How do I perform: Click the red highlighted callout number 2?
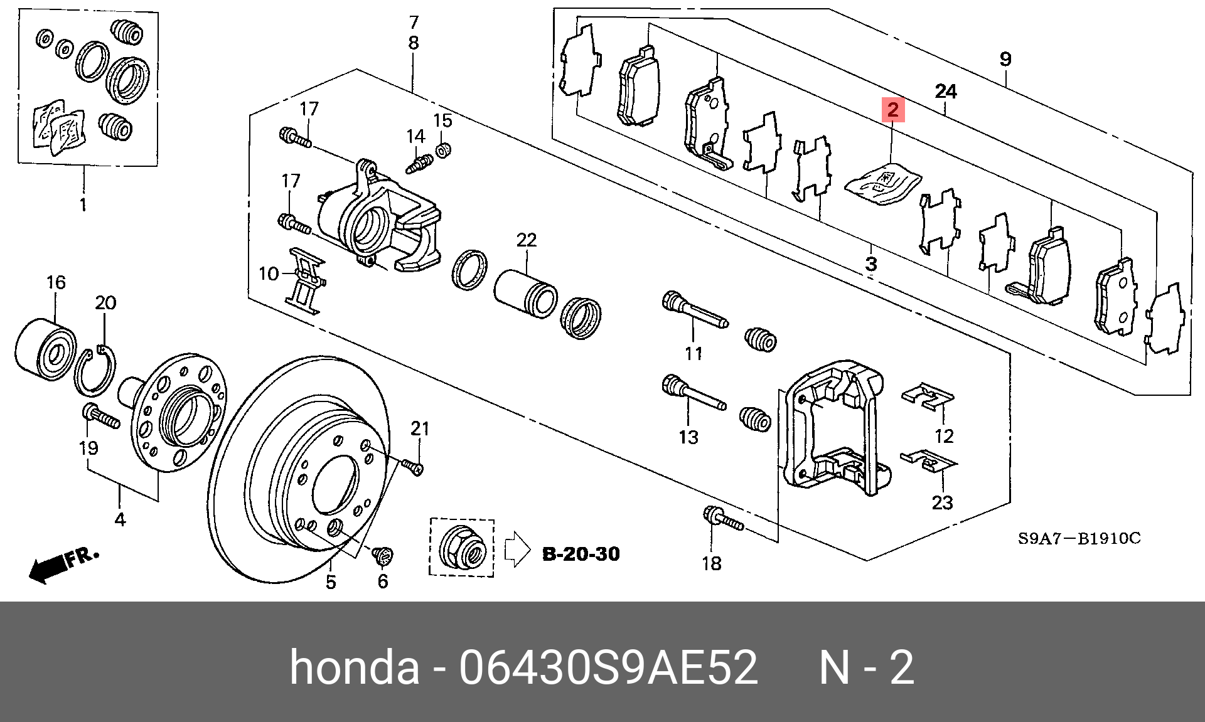tap(892, 110)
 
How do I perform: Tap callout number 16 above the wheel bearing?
tap(56, 283)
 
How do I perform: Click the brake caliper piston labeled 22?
tap(526, 294)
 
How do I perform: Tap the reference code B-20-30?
tap(581, 554)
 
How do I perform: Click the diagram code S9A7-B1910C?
tap(1079, 539)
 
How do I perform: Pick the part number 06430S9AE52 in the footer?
tap(608, 667)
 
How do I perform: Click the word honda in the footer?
tap(354, 667)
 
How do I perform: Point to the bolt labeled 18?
tap(724, 518)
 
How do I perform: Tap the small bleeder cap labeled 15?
tap(443, 150)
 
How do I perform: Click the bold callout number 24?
tap(946, 92)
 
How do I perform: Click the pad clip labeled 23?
tap(929, 461)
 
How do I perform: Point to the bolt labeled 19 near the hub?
tap(101, 417)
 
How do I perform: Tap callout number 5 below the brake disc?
tap(331, 582)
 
